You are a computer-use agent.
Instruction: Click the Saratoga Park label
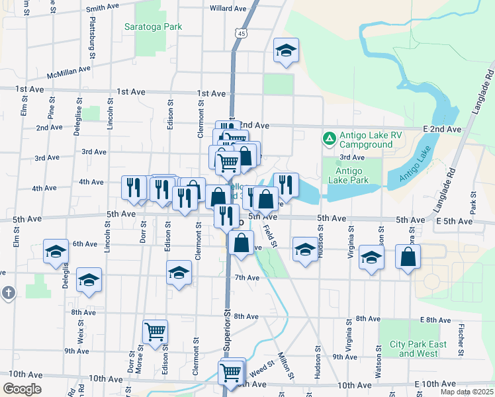(x=154, y=27)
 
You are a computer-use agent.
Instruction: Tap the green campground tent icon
(x=329, y=139)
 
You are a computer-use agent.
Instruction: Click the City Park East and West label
(x=418, y=349)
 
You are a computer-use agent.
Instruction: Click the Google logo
(x=22, y=389)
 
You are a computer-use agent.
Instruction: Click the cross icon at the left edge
(x=7, y=293)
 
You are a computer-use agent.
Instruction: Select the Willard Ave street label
(x=228, y=9)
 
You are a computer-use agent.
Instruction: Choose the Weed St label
(x=262, y=366)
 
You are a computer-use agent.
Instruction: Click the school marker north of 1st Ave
(x=286, y=50)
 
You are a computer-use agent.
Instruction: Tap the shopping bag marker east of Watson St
(x=408, y=256)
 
